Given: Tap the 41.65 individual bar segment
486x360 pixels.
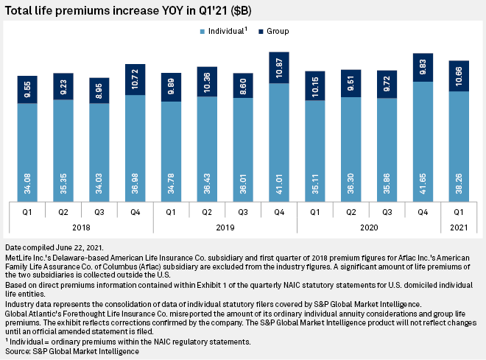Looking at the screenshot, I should tap(423, 140).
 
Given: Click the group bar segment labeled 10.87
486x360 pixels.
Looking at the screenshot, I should tap(279, 68).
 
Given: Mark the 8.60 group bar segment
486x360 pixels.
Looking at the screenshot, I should tap(243, 85).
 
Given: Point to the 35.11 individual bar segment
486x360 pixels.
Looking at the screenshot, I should tap(315, 150).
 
